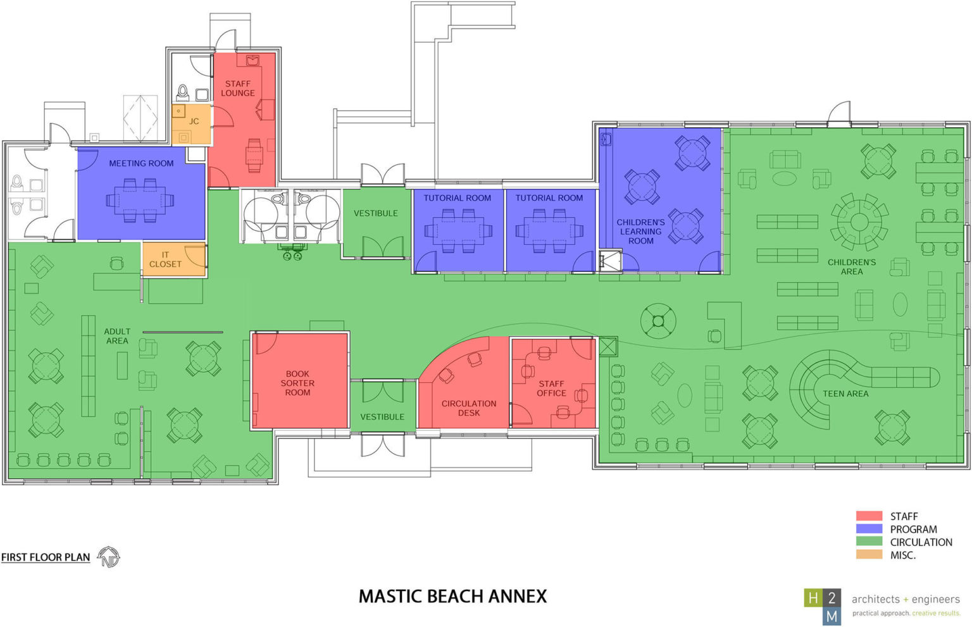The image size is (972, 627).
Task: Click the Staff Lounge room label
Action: point(238,88)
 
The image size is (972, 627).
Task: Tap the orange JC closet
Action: point(191,123)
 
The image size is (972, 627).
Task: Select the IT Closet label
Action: point(165,259)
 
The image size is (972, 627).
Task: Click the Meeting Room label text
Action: point(141,163)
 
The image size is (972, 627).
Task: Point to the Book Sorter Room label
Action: point(297,383)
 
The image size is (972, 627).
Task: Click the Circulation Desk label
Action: point(469,408)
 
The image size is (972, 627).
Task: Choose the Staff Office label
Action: point(551,388)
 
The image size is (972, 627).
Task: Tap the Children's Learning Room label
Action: point(640,232)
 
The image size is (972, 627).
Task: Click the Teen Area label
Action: point(845,394)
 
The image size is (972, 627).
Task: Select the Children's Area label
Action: point(852,266)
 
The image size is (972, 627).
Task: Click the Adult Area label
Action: point(117,336)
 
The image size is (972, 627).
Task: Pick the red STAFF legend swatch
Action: point(869,516)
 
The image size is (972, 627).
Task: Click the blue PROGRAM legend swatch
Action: point(869,529)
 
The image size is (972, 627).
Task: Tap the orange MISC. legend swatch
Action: point(869,555)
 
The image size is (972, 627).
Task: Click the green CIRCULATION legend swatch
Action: point(869,542)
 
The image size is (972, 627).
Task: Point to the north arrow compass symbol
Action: point(109,557)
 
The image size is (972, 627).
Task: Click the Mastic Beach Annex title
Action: point(452,596)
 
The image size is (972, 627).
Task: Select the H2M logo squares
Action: point(823,606)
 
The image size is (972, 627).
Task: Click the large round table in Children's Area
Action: point(859,222)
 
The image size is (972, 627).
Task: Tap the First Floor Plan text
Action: point(46,557)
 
